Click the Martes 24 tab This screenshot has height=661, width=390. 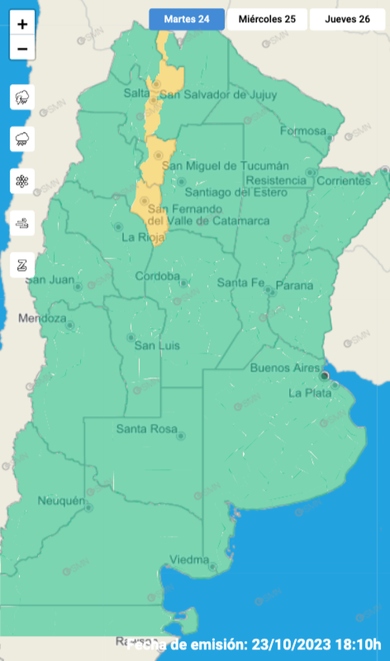pos(187,19)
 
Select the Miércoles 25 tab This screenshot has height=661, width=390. pos(267,19)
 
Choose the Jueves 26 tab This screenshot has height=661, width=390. pos(347,19)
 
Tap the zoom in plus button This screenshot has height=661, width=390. pos(22,24)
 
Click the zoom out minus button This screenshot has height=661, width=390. pos(22,49)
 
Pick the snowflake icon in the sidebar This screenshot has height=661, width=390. pos(22,180)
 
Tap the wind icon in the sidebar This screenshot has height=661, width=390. pos(22,222)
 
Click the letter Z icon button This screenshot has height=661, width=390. pos(22,265)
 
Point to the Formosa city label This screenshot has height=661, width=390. pos(303,131)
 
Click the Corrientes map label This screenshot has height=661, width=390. pos(343,181)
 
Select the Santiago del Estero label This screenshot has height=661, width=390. pos(236,192)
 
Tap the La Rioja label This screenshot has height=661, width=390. pos(139,237)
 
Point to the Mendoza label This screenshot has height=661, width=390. pos(42,318)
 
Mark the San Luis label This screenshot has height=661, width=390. pos(157,346)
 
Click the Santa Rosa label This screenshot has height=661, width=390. pos(146,429)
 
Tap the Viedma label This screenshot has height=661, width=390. pos(189,560)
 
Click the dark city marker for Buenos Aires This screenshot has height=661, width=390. pos(325,375)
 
